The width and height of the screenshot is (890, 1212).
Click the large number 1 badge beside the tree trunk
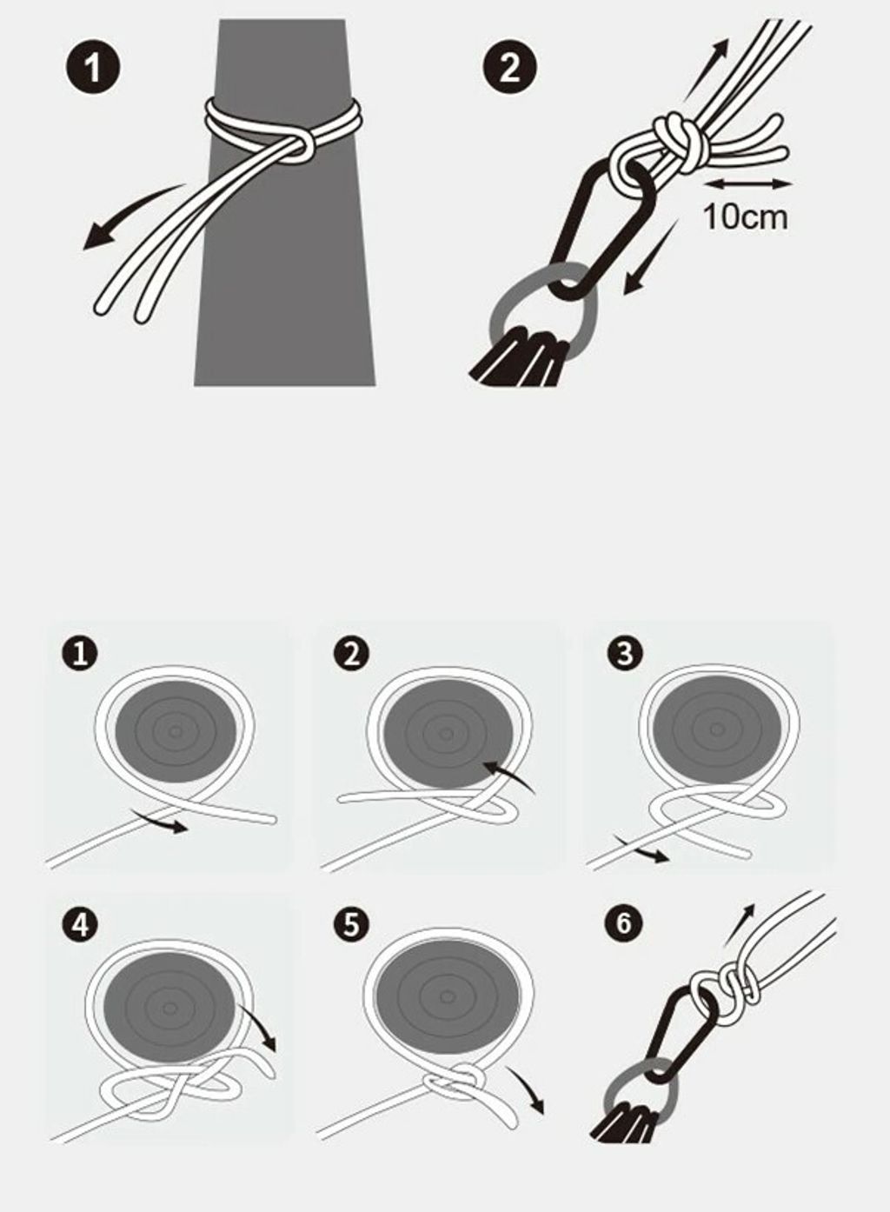pos(92,70)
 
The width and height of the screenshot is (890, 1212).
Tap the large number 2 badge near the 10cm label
pos(509,70)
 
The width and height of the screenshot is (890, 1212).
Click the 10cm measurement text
pos(745,217)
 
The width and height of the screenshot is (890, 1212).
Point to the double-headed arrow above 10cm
pos(749,184)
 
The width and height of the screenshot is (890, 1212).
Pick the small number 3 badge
pos(624,653)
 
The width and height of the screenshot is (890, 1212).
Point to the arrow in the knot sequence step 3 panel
pos(643,851)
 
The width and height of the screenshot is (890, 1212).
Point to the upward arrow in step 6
pos(738,924)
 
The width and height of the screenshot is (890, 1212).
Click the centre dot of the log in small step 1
pos(176,731)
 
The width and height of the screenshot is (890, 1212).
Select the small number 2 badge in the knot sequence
pos(351,654)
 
